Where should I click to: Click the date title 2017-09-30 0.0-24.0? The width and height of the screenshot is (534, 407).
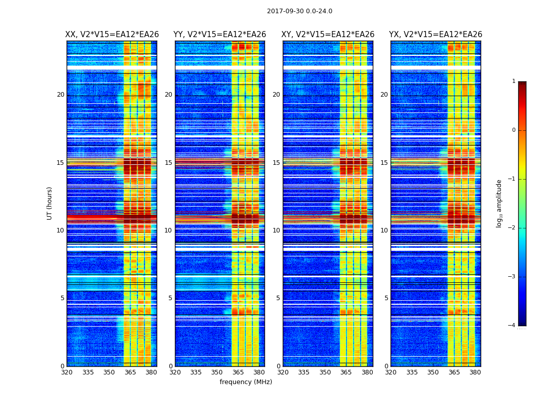[x=300, y=11]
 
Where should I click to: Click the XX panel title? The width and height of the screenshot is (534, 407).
[x=112, y=35]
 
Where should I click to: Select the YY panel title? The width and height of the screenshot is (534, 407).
[x=220, y=35]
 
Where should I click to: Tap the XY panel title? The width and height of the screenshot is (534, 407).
[x=328, y=35]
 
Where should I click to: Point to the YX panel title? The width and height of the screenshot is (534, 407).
[x=436, y=35]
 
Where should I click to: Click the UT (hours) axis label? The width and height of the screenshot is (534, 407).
[x=50, y=203]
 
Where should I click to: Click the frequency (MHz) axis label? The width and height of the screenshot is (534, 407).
[x=246, y=382]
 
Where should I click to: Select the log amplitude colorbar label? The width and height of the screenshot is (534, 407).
[x=499, y=203]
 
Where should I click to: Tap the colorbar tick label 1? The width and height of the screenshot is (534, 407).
[x=514, y=81]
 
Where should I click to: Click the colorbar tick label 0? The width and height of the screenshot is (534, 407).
[x=514, y=130]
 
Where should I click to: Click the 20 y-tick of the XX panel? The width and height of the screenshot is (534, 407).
[x=61, y=95]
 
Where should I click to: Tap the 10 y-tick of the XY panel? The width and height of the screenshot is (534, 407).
[x=276, y=230]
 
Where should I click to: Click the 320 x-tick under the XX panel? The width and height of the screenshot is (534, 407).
[x=67, y=372]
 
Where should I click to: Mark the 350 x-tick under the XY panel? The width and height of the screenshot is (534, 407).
[x=325, y=372]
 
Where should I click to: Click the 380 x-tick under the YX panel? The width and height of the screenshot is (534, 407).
[x=475, y=372]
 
